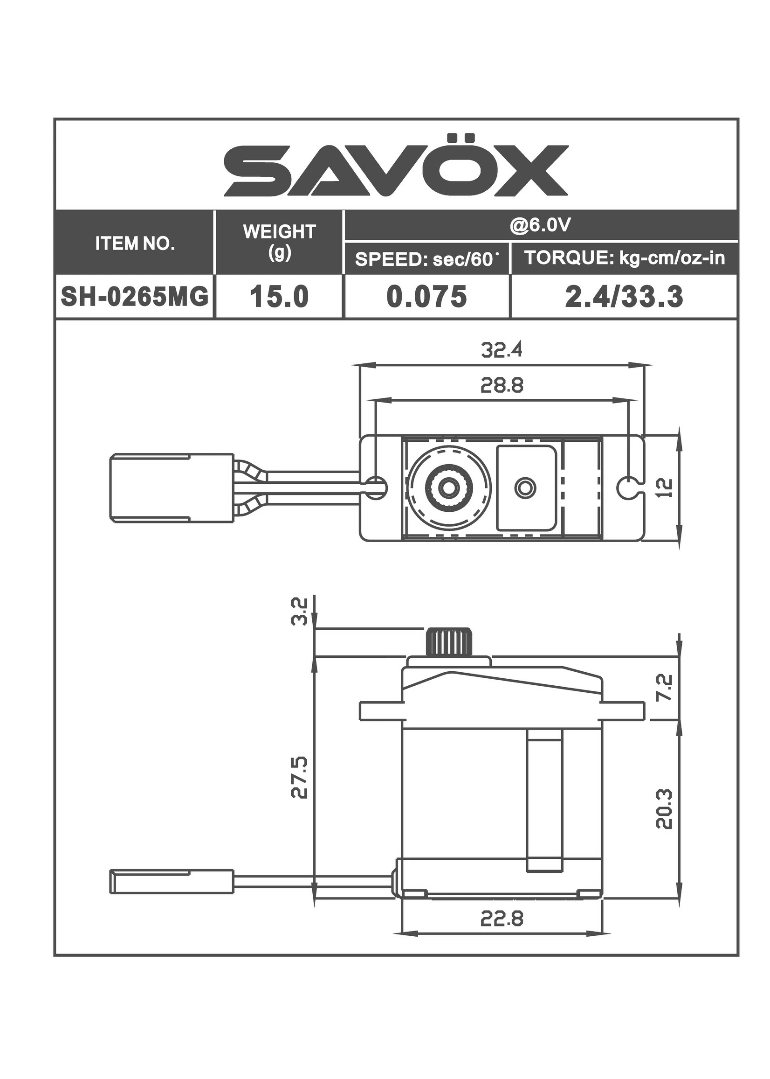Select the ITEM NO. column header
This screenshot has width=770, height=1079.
coord(135,244)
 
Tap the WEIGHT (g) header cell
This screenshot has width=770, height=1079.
coord(279,242)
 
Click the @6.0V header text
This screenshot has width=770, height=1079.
coord(540,225)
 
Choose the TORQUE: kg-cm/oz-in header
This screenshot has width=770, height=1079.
coord(625,258)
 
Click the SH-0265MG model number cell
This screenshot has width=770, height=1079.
coord(135,297)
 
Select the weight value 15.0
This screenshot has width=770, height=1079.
coord(279,297)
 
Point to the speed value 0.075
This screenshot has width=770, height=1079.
coord(427,297)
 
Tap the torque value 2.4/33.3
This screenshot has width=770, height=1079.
coord(624,297)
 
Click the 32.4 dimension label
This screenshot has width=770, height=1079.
coord(502,350)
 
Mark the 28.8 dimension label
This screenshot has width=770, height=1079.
coord(502,385)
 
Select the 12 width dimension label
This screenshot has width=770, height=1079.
coord(666,487)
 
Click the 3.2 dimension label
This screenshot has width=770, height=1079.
coord(300,612)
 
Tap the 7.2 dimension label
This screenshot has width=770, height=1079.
coord(665,688)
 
